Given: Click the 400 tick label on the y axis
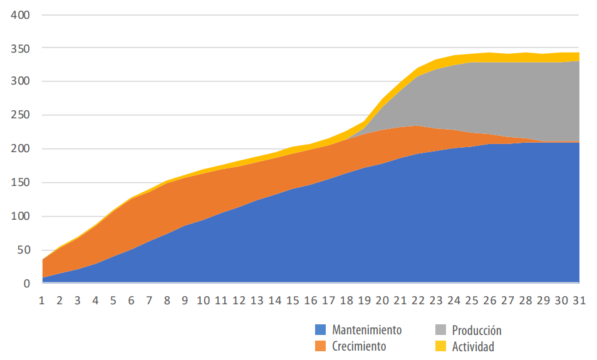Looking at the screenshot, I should tap(19, 14).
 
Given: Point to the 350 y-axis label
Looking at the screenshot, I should tap(19, 48).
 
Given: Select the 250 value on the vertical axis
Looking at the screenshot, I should tap(19, 115).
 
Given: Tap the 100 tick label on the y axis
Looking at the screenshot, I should tap(19, 217).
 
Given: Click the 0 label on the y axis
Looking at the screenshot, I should tap(26, 284).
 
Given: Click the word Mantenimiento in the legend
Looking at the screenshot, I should tap(366, 330).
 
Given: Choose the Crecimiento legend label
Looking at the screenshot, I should tap(359, 346).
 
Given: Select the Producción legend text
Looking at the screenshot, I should tap(477, 330).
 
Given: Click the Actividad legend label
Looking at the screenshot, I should tap(473, 346).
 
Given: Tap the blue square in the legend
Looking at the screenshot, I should tap(320, 329).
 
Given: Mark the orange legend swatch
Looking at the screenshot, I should tap(320, 345).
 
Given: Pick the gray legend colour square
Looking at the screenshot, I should tap(440, 329).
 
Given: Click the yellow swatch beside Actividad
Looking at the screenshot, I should tap(440, 345).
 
